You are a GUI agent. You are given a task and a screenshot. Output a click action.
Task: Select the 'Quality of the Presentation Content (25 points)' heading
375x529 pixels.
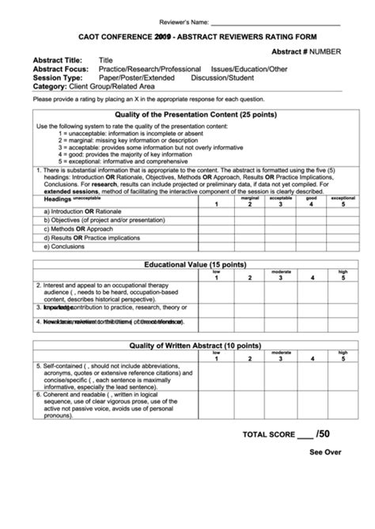196,115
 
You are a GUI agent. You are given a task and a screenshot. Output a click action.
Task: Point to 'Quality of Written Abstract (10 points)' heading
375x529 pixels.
196,346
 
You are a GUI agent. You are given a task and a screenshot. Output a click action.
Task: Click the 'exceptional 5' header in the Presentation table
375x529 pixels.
343,201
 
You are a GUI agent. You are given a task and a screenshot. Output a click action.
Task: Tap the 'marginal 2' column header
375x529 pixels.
248,201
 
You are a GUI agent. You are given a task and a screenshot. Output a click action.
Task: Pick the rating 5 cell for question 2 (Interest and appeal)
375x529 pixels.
343,293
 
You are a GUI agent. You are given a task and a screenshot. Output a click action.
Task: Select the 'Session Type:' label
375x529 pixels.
57,78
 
